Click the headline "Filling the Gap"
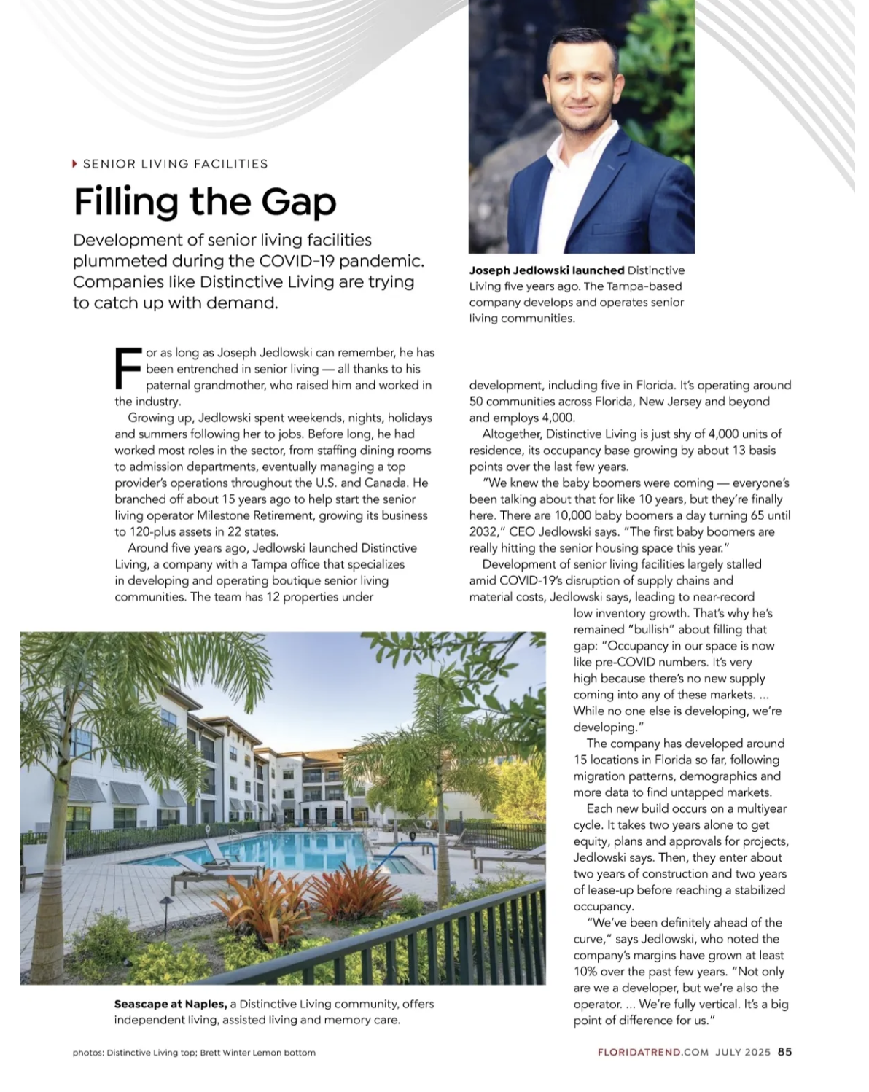pyautogui.click(x=205, y=201)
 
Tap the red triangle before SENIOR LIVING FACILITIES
pyautogui.click(x=74, y=164)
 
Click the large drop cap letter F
pyautogui.click(x=128, y=369)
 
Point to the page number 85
pyautogui.click(x=784, y=1052)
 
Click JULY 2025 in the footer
pyautogui.click(x=742, y=1053)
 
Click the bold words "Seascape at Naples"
pyautogui.click(x=170, y=1004)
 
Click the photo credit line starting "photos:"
pyautogui.click(x=194, y=1053)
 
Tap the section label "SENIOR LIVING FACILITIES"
pyautogui.click(x=175, y=164)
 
